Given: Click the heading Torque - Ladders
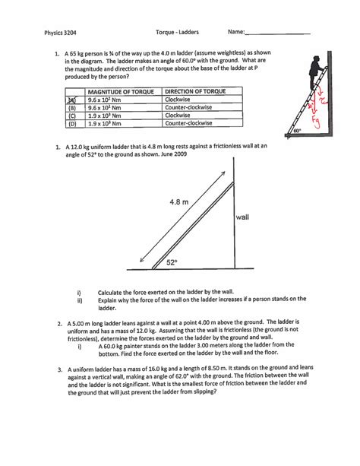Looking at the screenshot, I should click(176, 33).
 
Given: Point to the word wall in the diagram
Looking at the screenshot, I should click(243, 217).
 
